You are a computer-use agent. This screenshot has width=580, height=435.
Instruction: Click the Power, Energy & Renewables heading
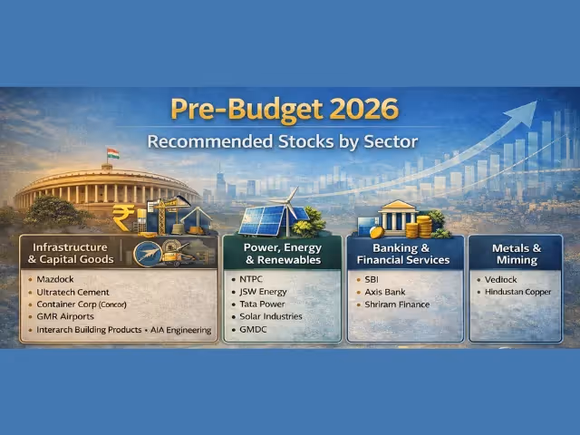(x=282, y=253)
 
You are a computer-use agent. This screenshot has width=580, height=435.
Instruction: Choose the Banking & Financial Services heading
(x=403, y=253)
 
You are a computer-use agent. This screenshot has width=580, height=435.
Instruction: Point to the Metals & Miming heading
(x=516, y=253)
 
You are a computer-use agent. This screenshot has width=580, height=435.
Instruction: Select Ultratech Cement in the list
(x=72, y=293)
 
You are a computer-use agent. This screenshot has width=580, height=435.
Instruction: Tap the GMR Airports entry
(x=66, y=317)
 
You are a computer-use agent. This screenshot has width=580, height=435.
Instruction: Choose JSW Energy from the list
(x=264, y=292)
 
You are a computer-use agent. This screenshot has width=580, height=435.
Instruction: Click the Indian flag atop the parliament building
(x=112, y=153)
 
